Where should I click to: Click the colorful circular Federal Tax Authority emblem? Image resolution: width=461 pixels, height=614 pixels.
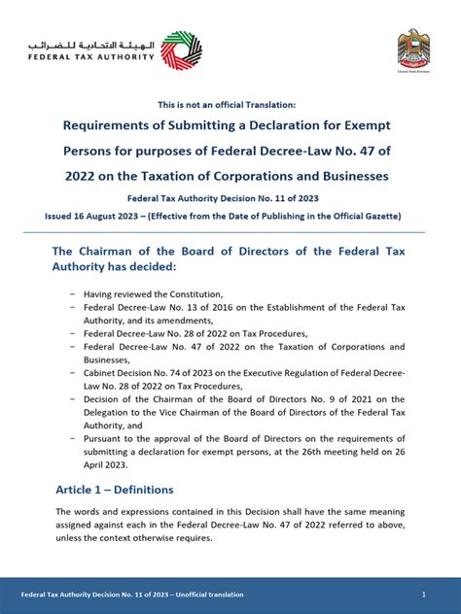182,50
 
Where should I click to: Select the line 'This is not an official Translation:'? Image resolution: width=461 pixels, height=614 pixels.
230,104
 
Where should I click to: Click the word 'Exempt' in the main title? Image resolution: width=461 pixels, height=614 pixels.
368,125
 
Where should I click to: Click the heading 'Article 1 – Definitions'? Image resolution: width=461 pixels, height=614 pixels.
115,489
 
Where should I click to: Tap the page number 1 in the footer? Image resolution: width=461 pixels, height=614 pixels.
424,594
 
